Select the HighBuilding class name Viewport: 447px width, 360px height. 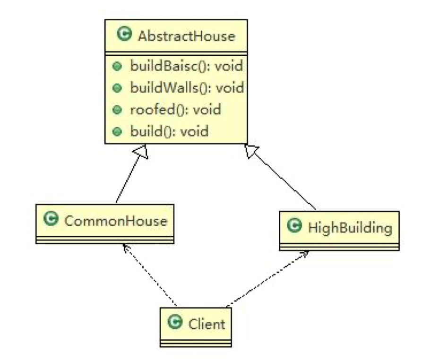350,228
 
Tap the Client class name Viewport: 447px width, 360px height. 206,324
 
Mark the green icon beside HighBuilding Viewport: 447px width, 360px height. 296,226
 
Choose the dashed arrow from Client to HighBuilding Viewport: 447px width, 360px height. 267,279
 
